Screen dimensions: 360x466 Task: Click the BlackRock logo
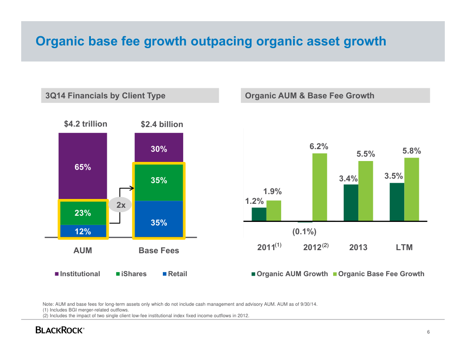pyautogui.click(x=60, y=330)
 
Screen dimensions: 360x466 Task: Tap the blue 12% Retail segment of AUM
pyautogui.click(x=83, y=231)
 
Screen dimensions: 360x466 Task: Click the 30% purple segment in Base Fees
pyautogui.click(x=159, y=149)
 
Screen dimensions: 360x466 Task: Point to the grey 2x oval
pyautogui.click(x=120, y=205)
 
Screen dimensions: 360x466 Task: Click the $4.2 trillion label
pyautogui.click(x=86, y=124)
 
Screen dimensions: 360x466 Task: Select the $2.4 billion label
pyautogui.click(x=162, y=124)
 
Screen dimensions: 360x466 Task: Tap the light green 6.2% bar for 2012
pyautogui.click(x=320, y=187)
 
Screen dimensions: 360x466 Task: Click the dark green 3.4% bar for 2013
pyautogui.click(x=351, y=202)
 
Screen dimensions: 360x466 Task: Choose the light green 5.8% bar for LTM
pyautogui.click(x=412, y=189)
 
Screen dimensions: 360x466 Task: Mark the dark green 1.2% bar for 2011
pyautogui.click(x=259, y=214)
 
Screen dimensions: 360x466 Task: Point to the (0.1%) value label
pyautogui.click(x=304, y=231)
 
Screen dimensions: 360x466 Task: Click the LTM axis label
pyautogui.click(x=404, y=247)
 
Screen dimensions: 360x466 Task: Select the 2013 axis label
pyautogui.click(x=358, y=247)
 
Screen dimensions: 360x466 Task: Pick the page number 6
pyautogui.click(x=428, y=332)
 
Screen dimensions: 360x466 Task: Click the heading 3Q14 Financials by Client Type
pyautogui.click(x=105, y=96)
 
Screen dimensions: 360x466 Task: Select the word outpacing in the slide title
pyautogui.click(x=222, y=41)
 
